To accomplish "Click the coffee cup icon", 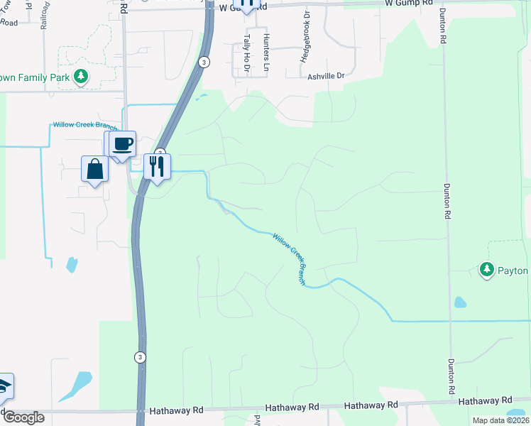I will coord(122,143).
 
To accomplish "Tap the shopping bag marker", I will coord(95,170).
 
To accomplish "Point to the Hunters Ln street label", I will coord(266,51).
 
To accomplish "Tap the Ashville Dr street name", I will coord(325,76).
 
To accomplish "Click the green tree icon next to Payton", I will coord(486,270).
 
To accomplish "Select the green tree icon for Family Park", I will coord(81,75).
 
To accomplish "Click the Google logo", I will coord(23,417).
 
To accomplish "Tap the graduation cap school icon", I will coord(4,386).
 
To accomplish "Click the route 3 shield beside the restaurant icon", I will coord(160,153).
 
